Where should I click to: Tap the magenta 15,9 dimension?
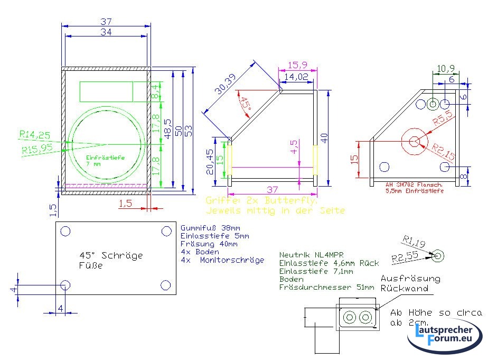click(x=298, y=65)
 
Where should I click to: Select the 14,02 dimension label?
click(x=297, y=77)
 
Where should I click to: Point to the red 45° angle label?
click(x=245, y=103)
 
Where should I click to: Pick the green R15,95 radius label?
click(x=37, y=149)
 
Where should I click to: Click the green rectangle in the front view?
click(x=107, y=91)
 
